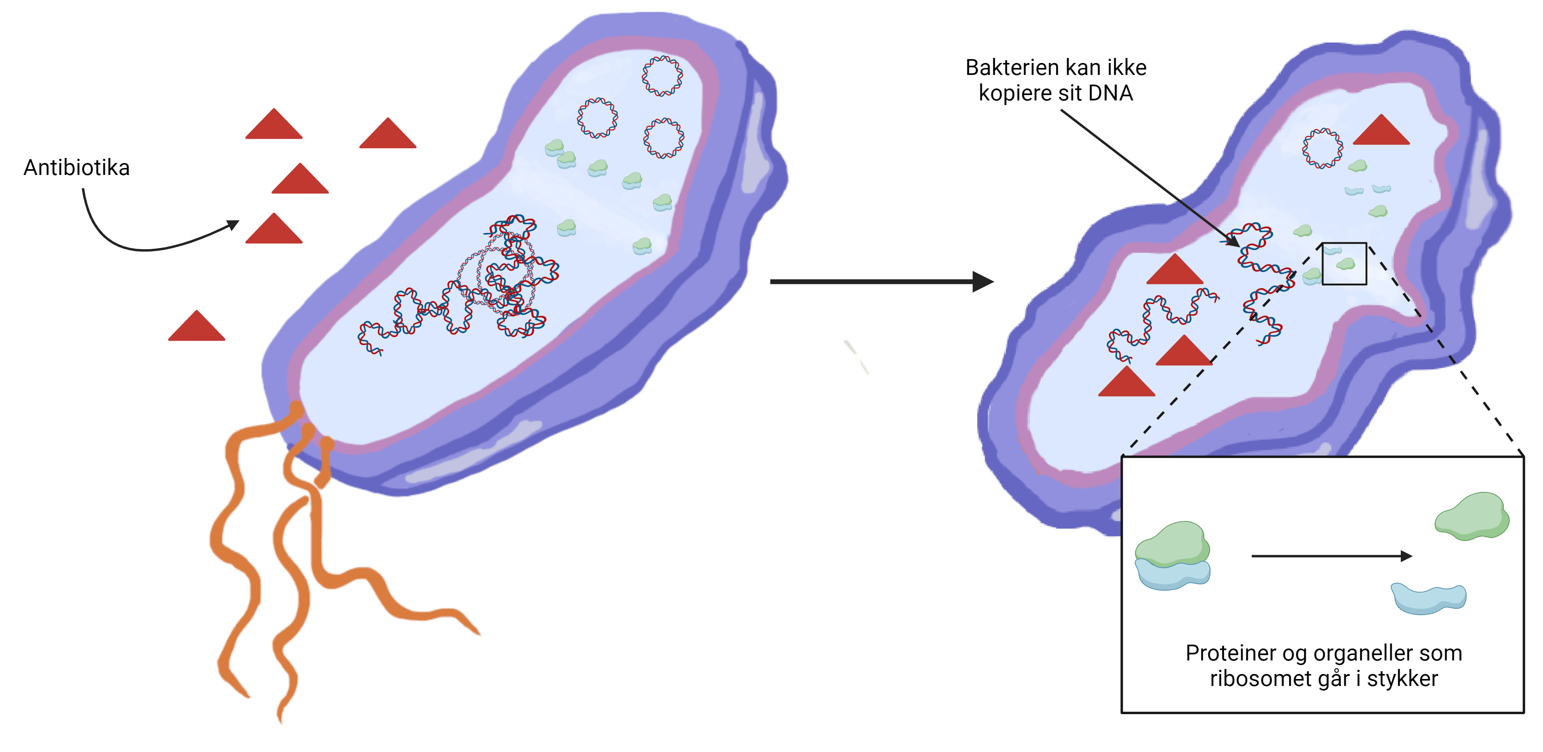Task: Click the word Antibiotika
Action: pyautogui.click(x=76, y=168)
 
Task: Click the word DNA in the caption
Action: pyautogui.click(x=1110, y=93)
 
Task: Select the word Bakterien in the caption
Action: pyautogui.click(x=1012, y=68)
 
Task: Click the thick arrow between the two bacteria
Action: pyautogui.click(x=880, y=282)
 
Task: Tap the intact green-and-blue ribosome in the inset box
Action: pyautogui.click(x=1172, y=556)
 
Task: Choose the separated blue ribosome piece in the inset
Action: pyautogui.click(x=1429, y=599)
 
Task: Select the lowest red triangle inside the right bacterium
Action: pyautogui.click(x=1126, y=383)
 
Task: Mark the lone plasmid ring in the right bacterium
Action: pyautogui.click(x=1322, y=148)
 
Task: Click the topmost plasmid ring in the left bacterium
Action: pyautogui.click(x=662, y=76)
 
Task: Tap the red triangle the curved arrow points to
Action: pyautogui.click(x=274, y=230)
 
